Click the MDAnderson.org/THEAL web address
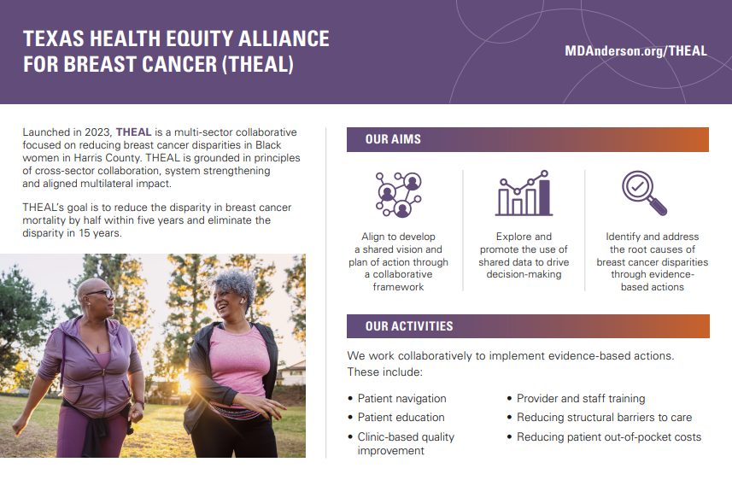(635, 51)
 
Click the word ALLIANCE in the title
(284, 38)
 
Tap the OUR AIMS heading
(393, 139)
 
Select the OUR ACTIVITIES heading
(409, 326)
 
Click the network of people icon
(399, 195)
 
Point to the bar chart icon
(524, 193)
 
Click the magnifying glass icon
(644, 193)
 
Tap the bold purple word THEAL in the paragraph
(133, 132)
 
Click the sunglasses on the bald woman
(102, 294)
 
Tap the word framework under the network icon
(398, 287)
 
